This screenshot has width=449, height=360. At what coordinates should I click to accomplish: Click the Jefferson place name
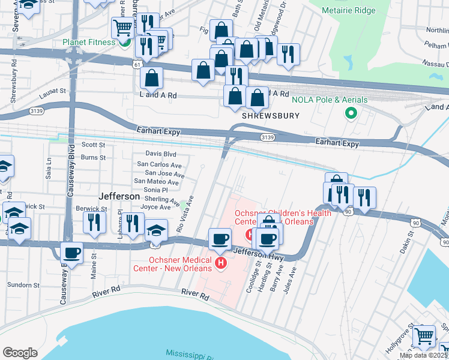point(119,196)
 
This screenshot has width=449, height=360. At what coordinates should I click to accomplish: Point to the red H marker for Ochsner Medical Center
point(221,263)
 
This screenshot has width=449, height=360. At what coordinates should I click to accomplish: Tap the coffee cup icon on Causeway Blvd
point(72,253)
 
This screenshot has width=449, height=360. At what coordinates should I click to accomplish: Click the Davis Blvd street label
point(161,154)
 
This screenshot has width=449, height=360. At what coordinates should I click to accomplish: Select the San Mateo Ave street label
point(156,181)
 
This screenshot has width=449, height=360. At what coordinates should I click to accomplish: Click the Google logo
point(20,353)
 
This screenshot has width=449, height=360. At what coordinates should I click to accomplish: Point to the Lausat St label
point(52,91)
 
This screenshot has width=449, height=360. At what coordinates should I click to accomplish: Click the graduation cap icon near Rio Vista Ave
point(156,230)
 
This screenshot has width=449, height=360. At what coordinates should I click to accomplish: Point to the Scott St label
point(93,145)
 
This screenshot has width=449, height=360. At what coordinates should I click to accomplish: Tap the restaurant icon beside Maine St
point(94,222)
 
